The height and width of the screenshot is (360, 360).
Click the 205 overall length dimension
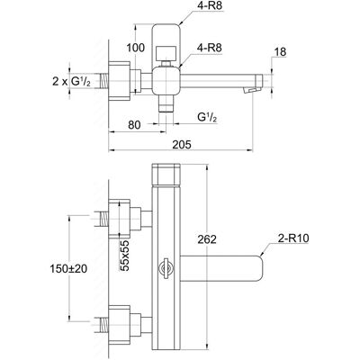point(182,145)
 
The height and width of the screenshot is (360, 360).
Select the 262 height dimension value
point(207,239)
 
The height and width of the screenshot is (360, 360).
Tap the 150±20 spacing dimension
point(68,268)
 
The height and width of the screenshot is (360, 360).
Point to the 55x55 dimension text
point(124,256)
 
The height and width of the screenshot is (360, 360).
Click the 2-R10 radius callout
point(293,238)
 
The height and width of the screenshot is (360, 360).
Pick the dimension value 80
point(134,125)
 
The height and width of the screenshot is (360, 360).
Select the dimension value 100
point(135,48)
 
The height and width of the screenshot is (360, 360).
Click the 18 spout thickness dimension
point(280,52)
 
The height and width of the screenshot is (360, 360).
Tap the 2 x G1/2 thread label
point(72,81)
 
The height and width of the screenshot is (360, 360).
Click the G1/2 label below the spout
point(207,117)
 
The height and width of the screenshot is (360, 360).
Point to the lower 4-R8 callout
point(210,48)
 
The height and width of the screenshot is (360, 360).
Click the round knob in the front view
point(166,267)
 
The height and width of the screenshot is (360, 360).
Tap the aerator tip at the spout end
point(251,90)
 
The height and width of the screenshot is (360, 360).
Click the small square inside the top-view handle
point(166,53)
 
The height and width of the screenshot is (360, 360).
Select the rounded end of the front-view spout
point(258,268)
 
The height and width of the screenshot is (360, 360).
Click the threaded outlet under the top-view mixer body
point(166,104)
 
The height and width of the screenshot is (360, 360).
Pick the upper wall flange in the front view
point(120,219)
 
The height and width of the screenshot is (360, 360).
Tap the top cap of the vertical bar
point(166,175)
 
